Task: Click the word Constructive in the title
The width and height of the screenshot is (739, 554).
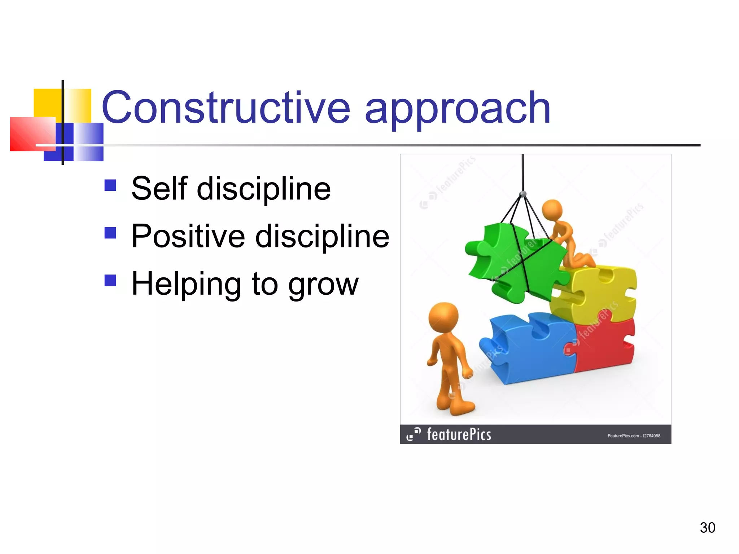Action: (226, 107)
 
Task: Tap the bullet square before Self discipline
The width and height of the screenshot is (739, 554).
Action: (110, 185)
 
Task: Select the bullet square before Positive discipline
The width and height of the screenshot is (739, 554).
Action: (110, 233)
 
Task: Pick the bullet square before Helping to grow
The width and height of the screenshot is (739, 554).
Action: (110, 280)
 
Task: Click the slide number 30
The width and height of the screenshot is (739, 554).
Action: (707, 528)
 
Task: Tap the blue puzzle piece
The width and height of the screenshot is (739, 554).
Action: (527, 346)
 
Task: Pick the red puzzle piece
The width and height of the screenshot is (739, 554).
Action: (606, 343)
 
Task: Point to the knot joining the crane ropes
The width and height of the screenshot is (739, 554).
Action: (523, 194)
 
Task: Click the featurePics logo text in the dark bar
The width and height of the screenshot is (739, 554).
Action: (458, 434)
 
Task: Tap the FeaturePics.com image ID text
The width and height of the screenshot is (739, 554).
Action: (634, 436)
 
